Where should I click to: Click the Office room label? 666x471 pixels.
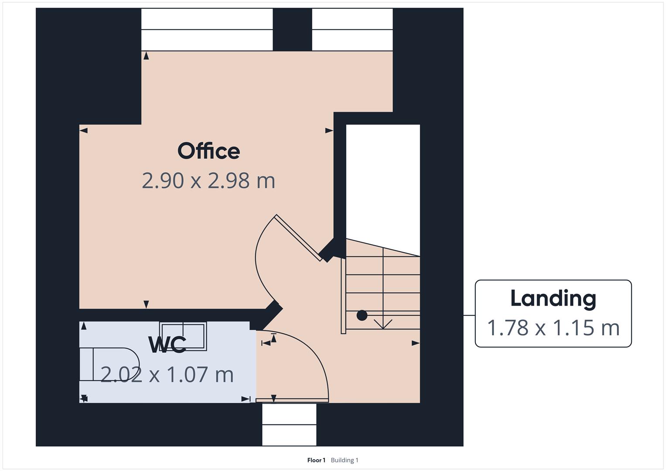208,151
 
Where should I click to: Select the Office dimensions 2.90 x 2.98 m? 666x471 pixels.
208,181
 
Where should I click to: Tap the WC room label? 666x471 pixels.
167,345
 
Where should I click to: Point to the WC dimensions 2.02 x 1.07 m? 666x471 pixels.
167,375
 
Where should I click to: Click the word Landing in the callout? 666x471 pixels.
553,299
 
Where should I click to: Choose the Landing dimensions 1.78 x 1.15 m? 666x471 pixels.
553,328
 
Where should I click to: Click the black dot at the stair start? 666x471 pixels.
362,315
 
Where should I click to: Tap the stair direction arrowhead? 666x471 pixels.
383,325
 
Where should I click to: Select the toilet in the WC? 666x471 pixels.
109,364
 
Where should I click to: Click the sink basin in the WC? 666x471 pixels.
183,336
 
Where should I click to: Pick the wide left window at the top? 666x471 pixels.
207,30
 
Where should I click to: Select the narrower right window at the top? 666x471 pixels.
352,30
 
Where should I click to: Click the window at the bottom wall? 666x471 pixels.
289,424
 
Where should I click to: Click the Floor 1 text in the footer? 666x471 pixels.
316,460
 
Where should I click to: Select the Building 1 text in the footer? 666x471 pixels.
345,460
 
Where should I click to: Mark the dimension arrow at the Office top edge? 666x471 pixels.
146,55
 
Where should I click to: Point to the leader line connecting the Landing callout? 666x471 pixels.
469,315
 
